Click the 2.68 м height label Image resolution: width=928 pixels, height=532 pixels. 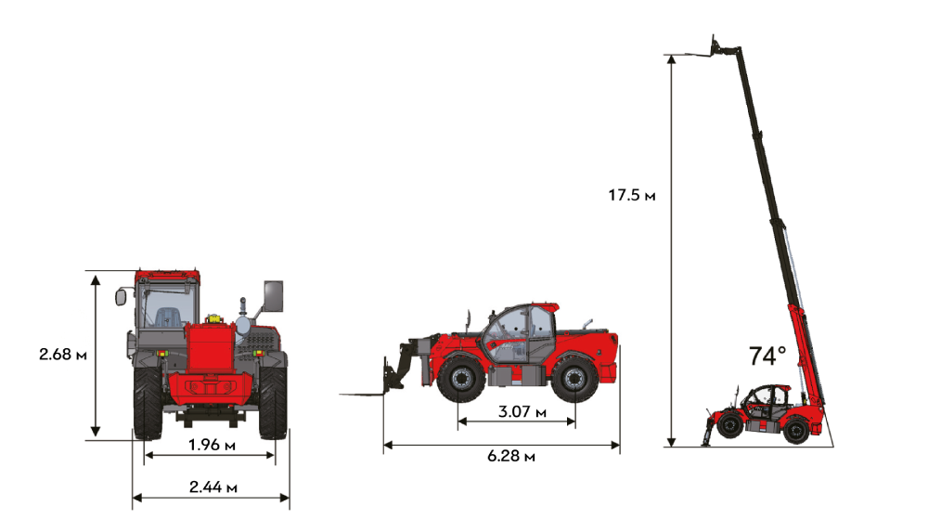[63, 355]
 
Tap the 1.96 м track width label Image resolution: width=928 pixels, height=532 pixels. [212, 445]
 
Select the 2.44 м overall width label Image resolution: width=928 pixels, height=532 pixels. [213, 487]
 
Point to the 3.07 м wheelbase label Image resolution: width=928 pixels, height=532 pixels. [522, 411]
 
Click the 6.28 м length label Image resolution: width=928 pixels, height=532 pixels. [511, 456]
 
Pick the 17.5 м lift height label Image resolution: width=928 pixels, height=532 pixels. [631, 195]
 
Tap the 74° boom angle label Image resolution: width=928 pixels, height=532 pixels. [767, 356]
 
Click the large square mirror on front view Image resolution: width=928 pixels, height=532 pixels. [274, 295]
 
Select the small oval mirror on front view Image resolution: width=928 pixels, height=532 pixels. [121, 297]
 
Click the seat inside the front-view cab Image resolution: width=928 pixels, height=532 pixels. [165, 317]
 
